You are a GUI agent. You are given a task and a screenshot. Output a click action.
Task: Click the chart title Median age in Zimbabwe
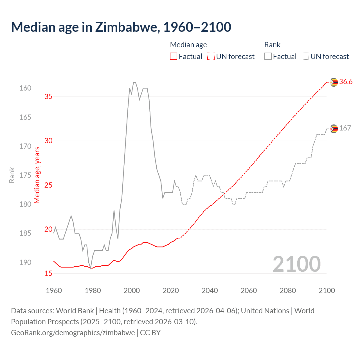tap(121, 27)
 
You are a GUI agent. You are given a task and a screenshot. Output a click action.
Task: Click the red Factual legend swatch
tap(174, 57)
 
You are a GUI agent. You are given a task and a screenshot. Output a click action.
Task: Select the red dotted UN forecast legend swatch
tap(211, 57)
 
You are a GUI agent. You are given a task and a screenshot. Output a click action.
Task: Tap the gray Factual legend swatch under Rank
tap(268, 57)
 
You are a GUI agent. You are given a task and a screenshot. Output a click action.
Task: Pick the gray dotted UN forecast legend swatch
tap(305, 57)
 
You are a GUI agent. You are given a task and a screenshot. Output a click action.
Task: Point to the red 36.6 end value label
tap(346, 82)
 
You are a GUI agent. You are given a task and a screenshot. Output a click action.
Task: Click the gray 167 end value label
tap(345, 128)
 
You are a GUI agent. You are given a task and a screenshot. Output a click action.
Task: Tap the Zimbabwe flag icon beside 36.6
tap(334, 82)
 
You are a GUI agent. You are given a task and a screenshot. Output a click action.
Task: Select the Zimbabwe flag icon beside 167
tap(334, 129)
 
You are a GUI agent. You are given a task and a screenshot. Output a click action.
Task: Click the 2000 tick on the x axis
tap(132, 291)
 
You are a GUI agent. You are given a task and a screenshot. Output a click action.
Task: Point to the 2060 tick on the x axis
tap(249, 291)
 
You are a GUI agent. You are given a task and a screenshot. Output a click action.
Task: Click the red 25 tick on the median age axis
tap(48, 185)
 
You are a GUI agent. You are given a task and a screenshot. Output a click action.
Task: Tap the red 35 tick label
tap(48, 96)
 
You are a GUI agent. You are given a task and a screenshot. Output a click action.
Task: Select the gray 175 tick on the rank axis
tap(25, 175)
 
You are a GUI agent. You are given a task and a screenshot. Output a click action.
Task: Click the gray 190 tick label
tap(25, 262)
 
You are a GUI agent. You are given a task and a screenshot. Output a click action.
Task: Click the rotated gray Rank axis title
tap(12, 175)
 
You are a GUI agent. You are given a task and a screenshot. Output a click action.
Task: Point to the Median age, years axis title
tap(37, 175)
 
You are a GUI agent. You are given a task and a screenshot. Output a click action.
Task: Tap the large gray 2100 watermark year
tap(296, 264)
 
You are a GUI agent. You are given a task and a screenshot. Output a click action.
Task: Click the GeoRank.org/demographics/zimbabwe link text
tap(73, 333)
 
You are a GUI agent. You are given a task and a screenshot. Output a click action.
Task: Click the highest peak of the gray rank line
tap(134, 82)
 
